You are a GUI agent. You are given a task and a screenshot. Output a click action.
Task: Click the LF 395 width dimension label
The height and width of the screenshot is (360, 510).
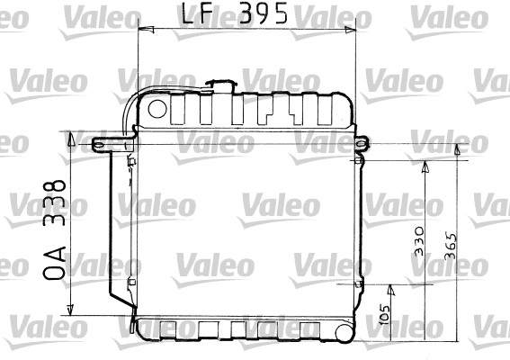(236, 14)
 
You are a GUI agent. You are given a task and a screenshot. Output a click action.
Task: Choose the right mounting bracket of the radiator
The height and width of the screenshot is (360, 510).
(361, 143)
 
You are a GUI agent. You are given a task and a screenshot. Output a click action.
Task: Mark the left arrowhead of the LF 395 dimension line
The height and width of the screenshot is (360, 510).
(141, 30)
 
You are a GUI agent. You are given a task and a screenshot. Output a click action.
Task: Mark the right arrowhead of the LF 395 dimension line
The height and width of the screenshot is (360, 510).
(351, 30)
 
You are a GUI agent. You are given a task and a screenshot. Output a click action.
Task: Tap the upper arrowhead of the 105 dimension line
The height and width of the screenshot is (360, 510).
(390, 289)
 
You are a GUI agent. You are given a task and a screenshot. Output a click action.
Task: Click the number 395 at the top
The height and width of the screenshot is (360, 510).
(264, 14)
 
